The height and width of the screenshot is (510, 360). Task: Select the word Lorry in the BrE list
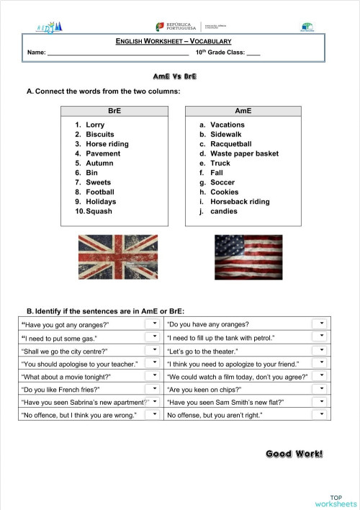(94, 125)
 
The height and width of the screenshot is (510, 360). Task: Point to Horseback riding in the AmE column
(240, 202)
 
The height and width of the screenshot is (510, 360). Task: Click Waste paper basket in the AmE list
(244, 153)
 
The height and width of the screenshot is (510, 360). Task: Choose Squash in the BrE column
(99, 212)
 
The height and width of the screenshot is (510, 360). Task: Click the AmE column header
(243, 111)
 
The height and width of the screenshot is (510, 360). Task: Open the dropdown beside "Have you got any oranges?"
(154, 324)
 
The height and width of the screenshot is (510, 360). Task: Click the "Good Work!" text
(294, 453)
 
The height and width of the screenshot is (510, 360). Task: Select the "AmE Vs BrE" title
(175, 76)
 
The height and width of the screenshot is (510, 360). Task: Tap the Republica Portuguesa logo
(175, 27)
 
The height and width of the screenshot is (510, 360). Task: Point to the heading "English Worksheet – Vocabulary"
(174, 42)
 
